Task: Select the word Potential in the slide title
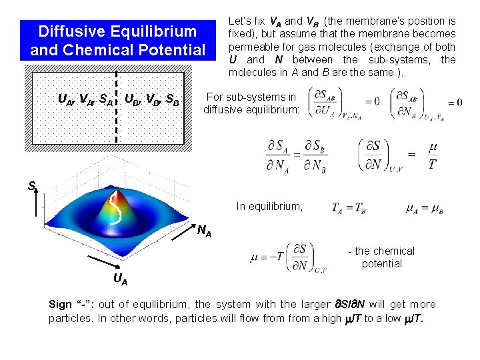(x=173, y=50)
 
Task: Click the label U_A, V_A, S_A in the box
(x=85, y=100)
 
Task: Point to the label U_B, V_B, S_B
(x=152, y=100)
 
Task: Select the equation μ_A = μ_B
(x=424, y=208)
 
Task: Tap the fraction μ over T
(x=432, y=155)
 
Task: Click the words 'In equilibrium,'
(x=269, y=207)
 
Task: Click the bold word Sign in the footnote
(x=61, y=305)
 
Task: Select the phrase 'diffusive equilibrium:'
(x=251, y=110)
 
